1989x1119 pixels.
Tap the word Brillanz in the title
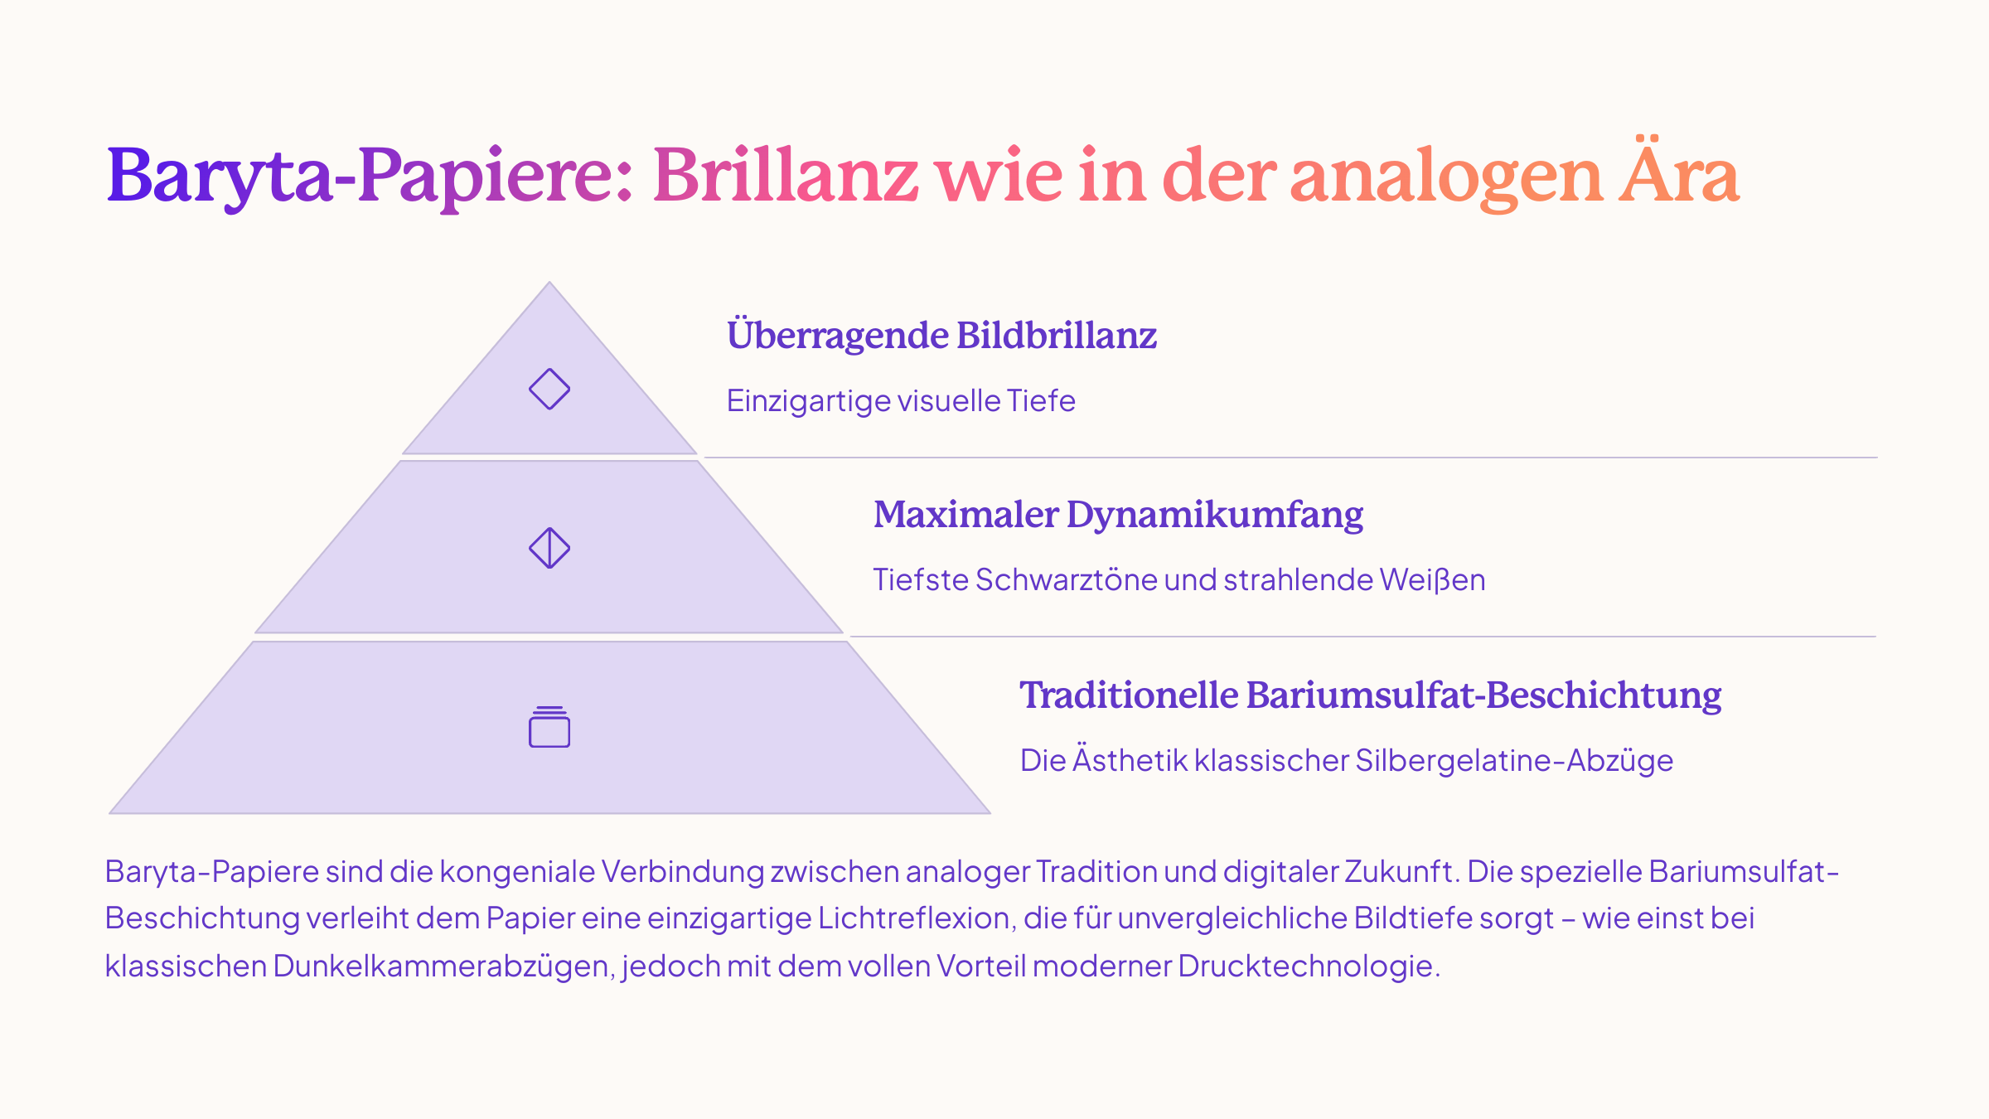pyautogui.click(x=786, y=175)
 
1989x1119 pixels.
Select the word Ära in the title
pyautogui.click(x=1680, y=169)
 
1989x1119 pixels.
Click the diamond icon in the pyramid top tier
pyautogui.click(x=549, y=389)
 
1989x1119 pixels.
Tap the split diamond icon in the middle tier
pyautogui.click(x=549, y=548)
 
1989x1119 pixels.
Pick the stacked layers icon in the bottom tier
pyautogui.click(x=549, y=727)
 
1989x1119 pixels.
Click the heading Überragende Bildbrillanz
pyautogui.click(x=941, y=335)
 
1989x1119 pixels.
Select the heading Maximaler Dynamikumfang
pyautogui.click(x=1118, y=515)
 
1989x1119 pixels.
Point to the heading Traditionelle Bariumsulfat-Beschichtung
pyautogui.click(x=1370, y=695)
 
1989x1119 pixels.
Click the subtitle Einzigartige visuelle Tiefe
pyautogui.click(x=901, y=401)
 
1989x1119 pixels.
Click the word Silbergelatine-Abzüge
pyautogui.click(x=1514, y=761)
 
